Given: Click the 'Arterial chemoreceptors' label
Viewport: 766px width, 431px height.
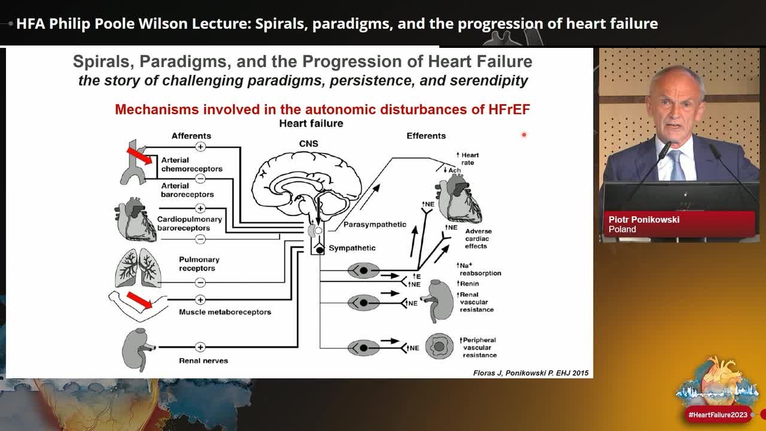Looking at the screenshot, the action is pyautogui.click(x=192, y=165).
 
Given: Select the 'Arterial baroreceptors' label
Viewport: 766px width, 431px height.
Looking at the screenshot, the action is pyautogui.click(x=187, y=190).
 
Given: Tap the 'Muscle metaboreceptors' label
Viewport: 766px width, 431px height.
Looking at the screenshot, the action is pyautogui.click(x=225, y=312).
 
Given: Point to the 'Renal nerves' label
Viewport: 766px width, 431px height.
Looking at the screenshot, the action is pyautogui.click(x=203, y=360).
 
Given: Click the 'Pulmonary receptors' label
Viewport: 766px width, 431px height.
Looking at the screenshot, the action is pyautogui.click(x=199, y=264).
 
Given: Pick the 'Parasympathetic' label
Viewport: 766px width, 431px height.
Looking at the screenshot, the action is pyautogui.click(x=375, y=224).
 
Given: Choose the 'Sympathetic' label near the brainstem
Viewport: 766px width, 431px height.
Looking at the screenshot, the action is pyautogui.click(x=352, y=248).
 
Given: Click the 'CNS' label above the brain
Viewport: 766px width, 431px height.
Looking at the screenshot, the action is pyautogui.click(x=308, y=144).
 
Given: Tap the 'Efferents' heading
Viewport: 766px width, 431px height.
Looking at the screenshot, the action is pyautogui.click(x=426, y=136).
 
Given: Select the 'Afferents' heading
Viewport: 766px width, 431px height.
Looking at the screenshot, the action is pyautogui.click(x=191, y=136).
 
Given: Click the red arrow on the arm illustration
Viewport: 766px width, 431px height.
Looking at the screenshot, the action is pyautogui.click(x=139, y=300).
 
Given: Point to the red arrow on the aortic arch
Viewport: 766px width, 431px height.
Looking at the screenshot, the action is pyautogui.click(x=139, y=156).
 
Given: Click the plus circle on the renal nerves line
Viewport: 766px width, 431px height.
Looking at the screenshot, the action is pyautogui.click(x=200, y=347).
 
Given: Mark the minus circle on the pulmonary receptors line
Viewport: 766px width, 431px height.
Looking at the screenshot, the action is pyautogui.click(x=200, y=283).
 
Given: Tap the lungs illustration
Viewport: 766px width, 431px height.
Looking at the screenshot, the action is pyautogui.click(x=138, y=268).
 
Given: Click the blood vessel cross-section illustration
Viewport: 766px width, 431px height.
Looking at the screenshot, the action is pyautogui.click(x=439, y=347).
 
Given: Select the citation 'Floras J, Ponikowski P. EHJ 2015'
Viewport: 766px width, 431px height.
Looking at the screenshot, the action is pyautogui.click(x=531, y=373).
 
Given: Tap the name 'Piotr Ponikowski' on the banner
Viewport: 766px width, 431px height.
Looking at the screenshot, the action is pyautogui.click(x=644, y=220).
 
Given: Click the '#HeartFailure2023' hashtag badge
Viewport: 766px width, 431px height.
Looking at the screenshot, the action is pyautogui.click(x=718, y=415).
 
